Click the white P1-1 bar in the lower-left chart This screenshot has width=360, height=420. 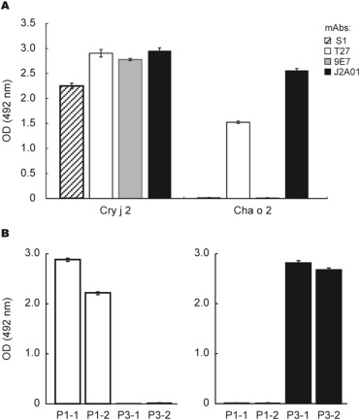tap(67, 331)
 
